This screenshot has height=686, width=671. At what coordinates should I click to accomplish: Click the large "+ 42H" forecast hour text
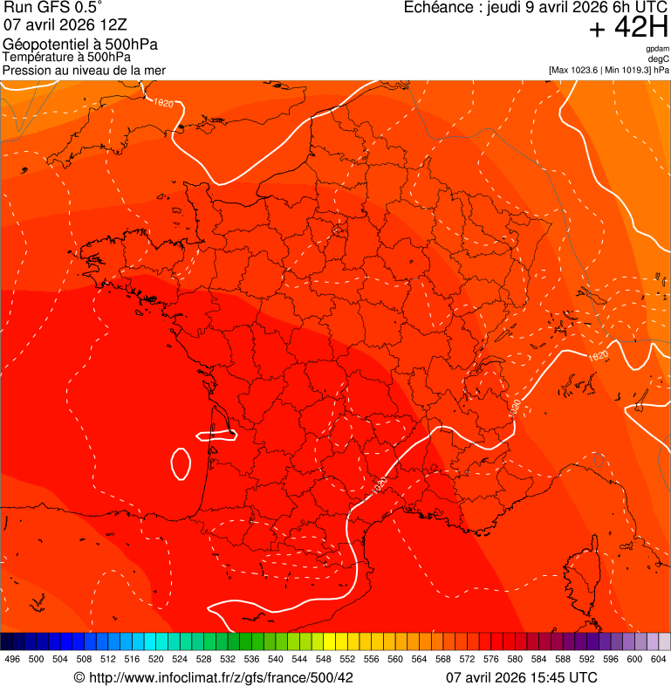tap(629, 29)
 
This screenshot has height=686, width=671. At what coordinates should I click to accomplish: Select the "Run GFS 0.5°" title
tap(53, 8)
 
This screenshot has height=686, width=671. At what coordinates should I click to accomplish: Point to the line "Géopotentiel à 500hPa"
tap(80, 45)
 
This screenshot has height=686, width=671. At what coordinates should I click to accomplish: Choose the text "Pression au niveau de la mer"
tap(84, 70)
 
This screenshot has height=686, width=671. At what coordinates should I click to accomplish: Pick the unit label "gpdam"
tap(657, 49)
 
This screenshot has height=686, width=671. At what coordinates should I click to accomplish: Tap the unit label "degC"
tap(659, 59)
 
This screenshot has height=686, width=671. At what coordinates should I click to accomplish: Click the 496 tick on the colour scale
tap(12, 659)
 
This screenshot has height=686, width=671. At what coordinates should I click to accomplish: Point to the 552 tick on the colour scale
tap(347, 659)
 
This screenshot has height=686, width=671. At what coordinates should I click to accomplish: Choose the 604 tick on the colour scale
tap(659, 659)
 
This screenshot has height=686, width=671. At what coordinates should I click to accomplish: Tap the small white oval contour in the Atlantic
tap(181, 463)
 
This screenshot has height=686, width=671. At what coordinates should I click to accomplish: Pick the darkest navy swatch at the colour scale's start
tap(7, 641)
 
